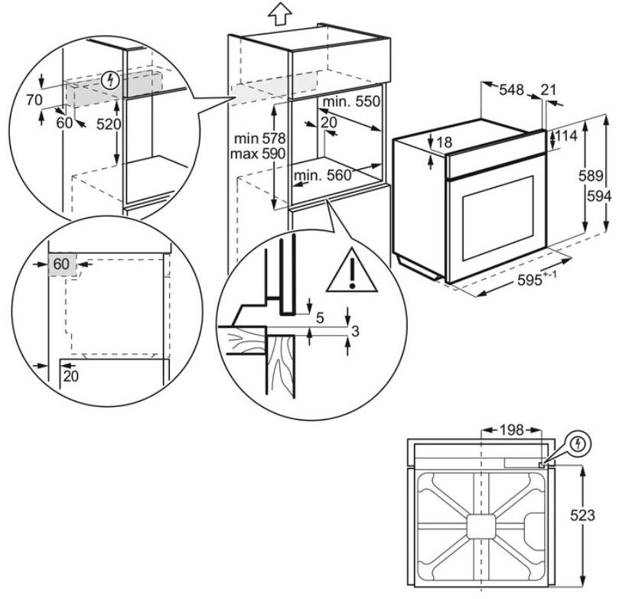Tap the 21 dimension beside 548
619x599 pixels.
(548, 90)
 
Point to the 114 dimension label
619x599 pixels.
(566, 135)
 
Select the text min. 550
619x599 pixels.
(351, 102)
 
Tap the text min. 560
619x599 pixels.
(321, 175)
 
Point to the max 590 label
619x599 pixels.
(261, 154)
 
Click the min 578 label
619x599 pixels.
(261, 139)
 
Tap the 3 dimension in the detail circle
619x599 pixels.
(355, 330)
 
